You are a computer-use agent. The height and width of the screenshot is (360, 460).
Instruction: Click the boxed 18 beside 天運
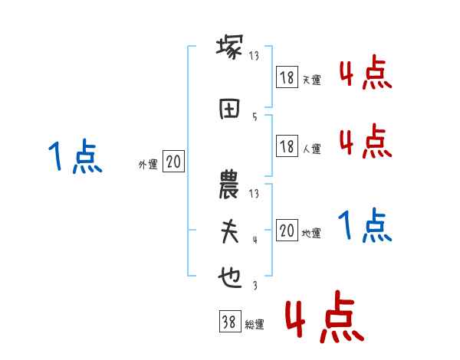pos(287,77)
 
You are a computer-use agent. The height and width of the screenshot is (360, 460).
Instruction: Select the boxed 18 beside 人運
pos(287,146)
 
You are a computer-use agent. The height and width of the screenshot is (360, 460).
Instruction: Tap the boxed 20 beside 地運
pos(287,231)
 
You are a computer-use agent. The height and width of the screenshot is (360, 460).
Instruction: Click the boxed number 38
pos(228,322)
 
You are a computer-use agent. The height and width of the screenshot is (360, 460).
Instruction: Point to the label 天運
pos(311,80)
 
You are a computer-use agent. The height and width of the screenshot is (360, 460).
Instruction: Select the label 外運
pos(147,164)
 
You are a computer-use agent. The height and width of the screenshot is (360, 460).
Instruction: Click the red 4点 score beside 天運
pos(366,75)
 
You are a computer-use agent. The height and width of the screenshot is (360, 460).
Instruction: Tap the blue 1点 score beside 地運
pos(366,225)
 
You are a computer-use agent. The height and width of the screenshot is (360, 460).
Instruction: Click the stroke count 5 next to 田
pos(254,116)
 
